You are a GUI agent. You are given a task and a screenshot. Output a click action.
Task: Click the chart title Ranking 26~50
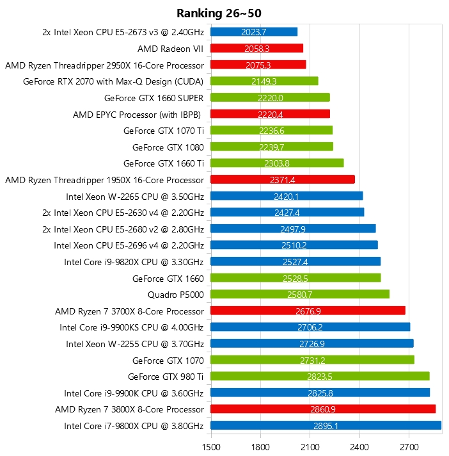(x=219, y=13)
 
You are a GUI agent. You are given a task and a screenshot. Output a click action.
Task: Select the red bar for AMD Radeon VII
(x=256, y=48)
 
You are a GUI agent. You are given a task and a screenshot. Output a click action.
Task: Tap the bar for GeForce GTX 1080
(x=272, y=147)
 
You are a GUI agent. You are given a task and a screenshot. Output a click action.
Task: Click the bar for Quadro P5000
(x=300, y=294)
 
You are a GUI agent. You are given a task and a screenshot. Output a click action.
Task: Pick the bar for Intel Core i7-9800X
(x=326, y=425)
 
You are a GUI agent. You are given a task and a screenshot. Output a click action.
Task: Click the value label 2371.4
(x=283, y=180)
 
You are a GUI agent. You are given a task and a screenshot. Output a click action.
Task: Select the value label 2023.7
(x=254, y=31)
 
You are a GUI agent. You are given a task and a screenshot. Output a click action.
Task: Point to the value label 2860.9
(x=323, y=409)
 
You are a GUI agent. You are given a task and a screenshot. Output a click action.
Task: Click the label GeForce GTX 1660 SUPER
(x=154, y=98)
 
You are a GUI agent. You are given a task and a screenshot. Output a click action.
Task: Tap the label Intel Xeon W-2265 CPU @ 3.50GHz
(x=135, y=196)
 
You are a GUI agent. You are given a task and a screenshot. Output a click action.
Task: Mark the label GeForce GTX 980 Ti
(x=166, y=376)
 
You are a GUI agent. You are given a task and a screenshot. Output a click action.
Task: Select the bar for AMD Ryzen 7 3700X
(x=308, y=311)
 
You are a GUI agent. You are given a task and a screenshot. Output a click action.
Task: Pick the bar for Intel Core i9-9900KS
(x=310, y=327)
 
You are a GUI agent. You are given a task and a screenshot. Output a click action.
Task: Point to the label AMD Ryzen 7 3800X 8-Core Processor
(x=129, y=409)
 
